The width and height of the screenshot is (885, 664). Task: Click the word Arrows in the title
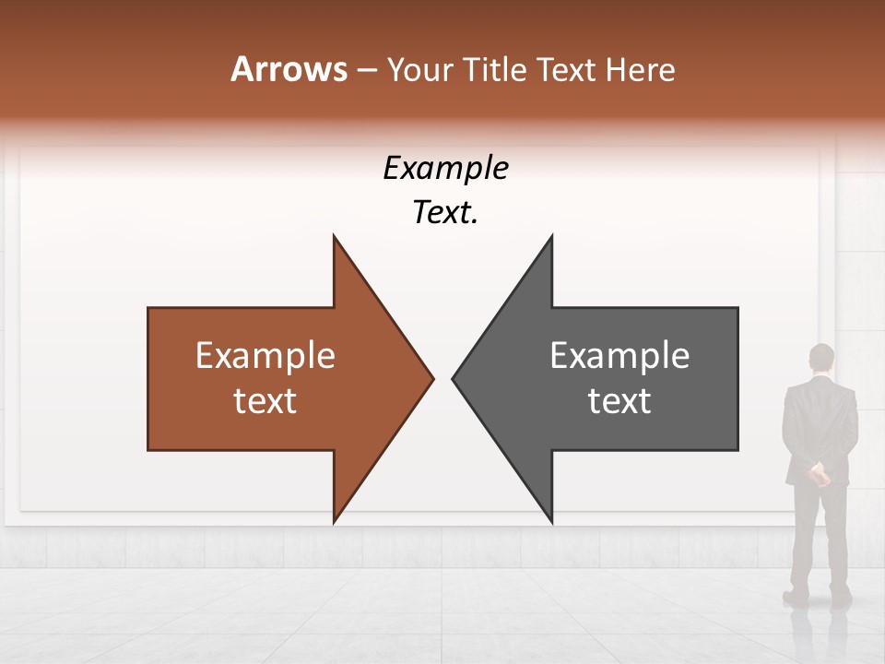pos(289,69)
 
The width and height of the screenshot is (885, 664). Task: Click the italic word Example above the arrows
pos(445,168)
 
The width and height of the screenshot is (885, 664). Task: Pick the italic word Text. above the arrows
pos(445,213)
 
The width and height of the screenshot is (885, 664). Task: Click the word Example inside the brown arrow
pos(265,355)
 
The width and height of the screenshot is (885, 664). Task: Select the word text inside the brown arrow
pos(265,400)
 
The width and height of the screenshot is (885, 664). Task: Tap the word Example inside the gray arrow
pos(619,355)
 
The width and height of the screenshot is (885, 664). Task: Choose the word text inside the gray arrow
pos(619,400)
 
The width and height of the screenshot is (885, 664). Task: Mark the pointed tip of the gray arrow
pos(454,378)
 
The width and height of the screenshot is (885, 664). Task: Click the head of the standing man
pos(820,358)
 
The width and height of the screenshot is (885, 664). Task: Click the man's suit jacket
pos(820,424)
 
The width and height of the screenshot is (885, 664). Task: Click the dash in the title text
pos(366,70)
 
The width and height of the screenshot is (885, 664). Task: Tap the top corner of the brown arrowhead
pos(334,236)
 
